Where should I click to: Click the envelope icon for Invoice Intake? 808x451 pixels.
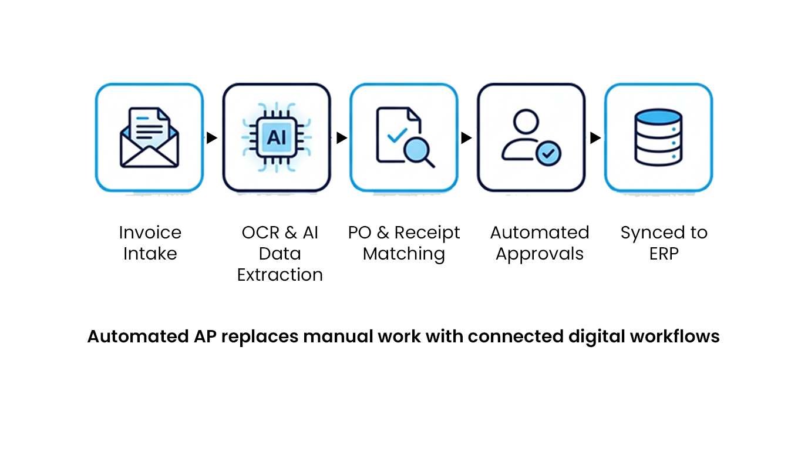149,137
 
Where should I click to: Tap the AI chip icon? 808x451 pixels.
277,137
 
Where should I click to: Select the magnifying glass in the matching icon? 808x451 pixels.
419,153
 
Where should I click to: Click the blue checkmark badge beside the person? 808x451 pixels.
548,153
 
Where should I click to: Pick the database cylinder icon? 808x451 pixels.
658,137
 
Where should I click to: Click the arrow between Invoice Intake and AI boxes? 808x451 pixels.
212,138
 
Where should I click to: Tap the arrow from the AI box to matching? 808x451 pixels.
342,138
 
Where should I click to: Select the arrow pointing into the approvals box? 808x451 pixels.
467,138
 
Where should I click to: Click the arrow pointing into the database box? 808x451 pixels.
595,138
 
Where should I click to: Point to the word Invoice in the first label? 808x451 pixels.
150,233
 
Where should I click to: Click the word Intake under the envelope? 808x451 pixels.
150,254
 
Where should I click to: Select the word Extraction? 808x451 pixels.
280,275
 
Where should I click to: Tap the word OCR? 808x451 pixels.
260,233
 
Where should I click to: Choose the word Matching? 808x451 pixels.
403,254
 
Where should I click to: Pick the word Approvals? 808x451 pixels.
540,254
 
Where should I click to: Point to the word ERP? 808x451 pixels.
664,254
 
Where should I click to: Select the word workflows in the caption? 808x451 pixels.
675,336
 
